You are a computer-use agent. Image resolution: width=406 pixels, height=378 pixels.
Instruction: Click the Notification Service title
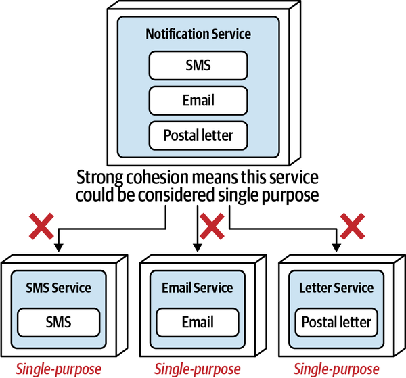coord(198,33)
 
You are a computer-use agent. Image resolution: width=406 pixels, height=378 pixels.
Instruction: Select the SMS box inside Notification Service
coord(198,65)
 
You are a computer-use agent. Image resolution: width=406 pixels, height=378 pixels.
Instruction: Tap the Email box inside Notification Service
coord(198,100)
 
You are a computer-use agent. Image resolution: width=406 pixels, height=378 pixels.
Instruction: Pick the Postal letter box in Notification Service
coord(198,135)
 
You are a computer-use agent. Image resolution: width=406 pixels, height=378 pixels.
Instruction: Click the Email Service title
coord(197,287)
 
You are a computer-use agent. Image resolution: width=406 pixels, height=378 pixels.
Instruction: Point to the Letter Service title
coord(336,287)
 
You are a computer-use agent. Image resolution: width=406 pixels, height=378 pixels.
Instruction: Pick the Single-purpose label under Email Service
coord(197,369)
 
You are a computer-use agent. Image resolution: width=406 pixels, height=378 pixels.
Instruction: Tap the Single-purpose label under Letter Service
coord(336,369)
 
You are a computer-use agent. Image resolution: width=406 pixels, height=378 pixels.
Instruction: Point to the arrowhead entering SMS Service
coord(60,248)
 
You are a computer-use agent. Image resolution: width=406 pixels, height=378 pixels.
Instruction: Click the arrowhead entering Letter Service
coord(336,248)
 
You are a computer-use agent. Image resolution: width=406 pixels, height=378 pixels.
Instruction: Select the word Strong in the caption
coord(99,178)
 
